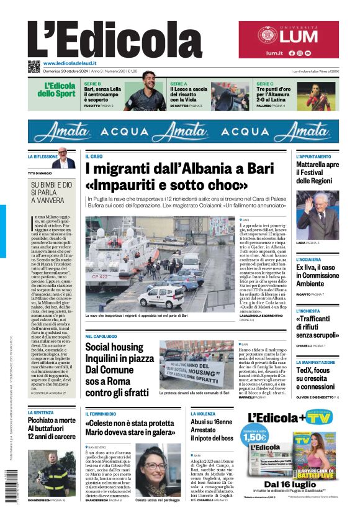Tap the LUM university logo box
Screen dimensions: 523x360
(x=289, y=40)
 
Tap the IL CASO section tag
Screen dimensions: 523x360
(x=94, y=157)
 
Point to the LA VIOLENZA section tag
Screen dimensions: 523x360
(x=203, y=413)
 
